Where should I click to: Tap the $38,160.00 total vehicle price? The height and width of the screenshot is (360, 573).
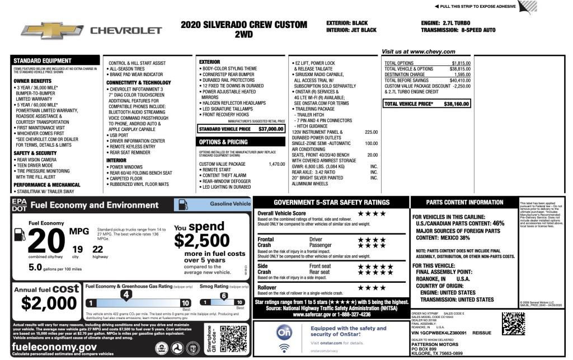coord(457,104)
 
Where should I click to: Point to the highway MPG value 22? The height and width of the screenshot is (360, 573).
coord(97,249)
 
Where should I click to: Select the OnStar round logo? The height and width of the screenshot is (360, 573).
coord(284,333)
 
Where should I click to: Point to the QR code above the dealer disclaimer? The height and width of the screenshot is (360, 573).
coord(513,323)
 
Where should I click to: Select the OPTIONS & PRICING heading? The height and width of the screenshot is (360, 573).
coord(223,142)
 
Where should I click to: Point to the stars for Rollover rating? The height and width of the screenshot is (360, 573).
coord(372,288)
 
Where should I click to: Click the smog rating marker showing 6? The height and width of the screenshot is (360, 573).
coord(223,296)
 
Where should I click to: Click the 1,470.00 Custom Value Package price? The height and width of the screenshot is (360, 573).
coord(276,164)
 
